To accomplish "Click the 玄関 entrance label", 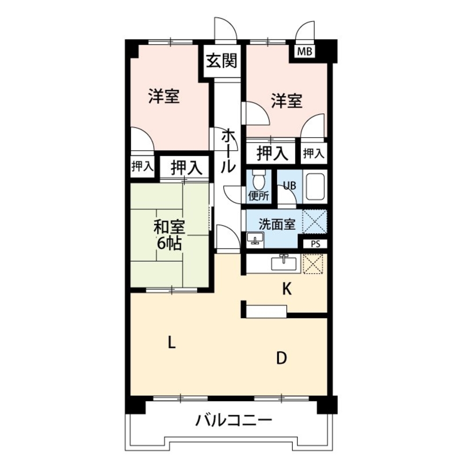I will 222,61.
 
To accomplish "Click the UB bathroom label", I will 289,185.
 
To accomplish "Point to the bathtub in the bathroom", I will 314,187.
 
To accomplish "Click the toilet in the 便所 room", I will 258,179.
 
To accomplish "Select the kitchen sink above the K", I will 284,263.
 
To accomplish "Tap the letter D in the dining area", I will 281,358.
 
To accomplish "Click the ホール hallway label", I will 228,150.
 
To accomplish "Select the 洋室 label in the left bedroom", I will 164,96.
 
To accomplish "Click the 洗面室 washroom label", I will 277,224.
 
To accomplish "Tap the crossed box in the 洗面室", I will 315,222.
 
